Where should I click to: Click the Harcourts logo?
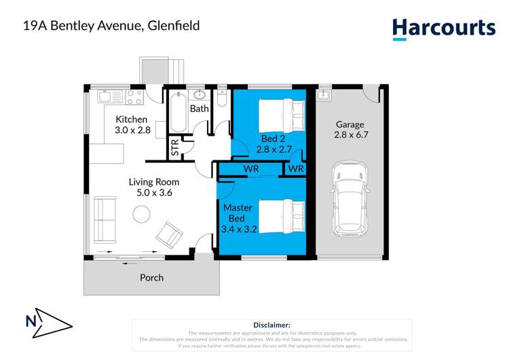click(x=444, y=29)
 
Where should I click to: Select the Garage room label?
click(x=350, y=124)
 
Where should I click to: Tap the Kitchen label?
click(x=131, y=120)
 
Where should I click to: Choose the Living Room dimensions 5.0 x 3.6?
click(x=154, y=193)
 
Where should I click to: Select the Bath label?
click(x=199, y=109)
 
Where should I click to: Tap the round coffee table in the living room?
click(x=142, y=215)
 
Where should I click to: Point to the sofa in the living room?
click(x=105, y=219)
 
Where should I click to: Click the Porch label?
click(x=151, y=277)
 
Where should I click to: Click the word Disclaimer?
click(x=271, y=325)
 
